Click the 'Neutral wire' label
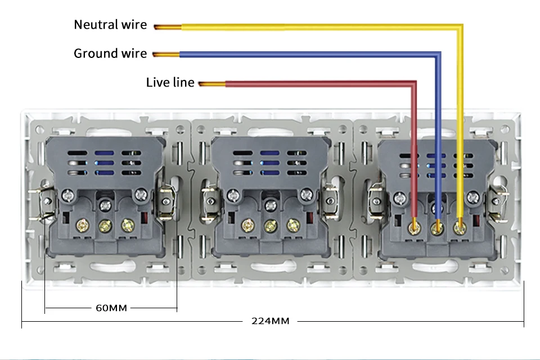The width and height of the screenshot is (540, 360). click(x=110, y=25)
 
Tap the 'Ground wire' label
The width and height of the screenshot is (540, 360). click(x=110, y=53)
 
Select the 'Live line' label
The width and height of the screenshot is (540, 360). click(x=170, y=83)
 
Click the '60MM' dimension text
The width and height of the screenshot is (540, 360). click(x=111, y=308)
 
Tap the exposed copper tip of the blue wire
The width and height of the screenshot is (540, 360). click(x=166, y=55)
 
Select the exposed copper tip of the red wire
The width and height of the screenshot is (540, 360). click(x=211, y=84)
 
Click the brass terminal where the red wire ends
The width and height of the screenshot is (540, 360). click(x=415, y=227)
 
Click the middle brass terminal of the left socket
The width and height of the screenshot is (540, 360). click(x=103, y=226)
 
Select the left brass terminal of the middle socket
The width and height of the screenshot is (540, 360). click(x=247, y=226)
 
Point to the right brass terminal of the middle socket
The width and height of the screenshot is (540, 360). click(x=292, y=226)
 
